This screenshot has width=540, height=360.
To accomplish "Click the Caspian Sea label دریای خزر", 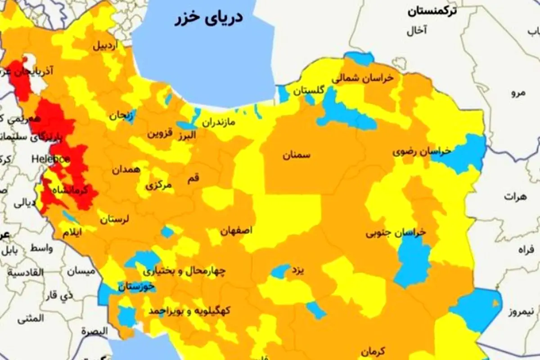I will point(209,18).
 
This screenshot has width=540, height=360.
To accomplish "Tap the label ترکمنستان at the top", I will point(432,11).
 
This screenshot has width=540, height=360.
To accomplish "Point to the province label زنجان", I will point(121,115).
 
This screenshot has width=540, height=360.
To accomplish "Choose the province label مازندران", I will point(218,122).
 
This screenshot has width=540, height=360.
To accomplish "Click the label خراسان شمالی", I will point(363,78).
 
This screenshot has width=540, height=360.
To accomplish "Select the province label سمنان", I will point(297,156).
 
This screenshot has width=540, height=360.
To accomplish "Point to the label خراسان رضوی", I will point(422,152).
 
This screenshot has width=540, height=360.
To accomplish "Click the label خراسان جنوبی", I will point(396,233).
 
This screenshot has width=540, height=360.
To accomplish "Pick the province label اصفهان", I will point(236,230).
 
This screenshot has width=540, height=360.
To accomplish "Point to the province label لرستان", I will point(114,220).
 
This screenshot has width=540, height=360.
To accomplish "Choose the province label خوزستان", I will point(136,286).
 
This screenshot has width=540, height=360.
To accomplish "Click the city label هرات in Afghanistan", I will point(515,197).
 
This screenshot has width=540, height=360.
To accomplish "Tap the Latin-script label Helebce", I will point(50,159).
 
